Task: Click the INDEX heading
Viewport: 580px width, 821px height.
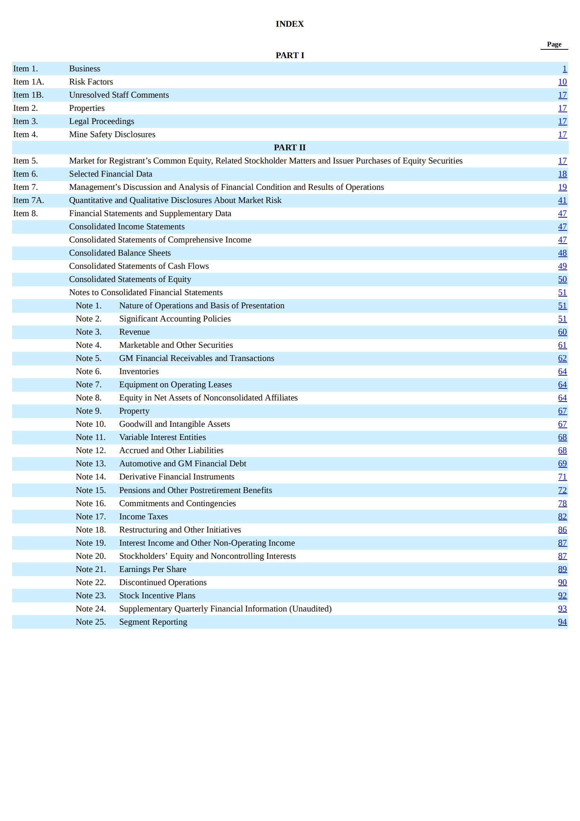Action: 290,24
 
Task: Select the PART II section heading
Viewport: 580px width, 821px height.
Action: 290,148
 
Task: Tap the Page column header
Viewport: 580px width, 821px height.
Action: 554,44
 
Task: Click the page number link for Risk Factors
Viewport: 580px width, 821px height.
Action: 562,82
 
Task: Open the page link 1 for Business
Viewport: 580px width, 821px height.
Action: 564,69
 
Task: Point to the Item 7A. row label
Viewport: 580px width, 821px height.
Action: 29,200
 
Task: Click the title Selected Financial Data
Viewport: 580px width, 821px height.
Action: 110,174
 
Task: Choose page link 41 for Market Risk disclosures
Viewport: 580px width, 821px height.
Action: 562,200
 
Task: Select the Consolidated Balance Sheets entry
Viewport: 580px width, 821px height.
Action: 120,253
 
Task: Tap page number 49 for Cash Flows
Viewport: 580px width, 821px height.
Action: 562,266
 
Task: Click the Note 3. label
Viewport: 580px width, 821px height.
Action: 88,332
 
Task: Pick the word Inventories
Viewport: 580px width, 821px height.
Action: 139,372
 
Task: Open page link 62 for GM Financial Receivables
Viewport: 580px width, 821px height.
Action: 562,358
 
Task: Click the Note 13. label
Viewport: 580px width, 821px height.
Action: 91,464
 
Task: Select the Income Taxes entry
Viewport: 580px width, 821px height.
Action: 143,517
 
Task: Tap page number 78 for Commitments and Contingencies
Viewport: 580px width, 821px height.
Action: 562,504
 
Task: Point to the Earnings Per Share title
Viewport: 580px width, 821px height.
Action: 152,569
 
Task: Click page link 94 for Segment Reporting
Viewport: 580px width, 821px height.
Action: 562,622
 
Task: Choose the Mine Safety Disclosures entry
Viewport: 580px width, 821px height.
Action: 112,135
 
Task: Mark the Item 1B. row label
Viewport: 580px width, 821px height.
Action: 29,95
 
